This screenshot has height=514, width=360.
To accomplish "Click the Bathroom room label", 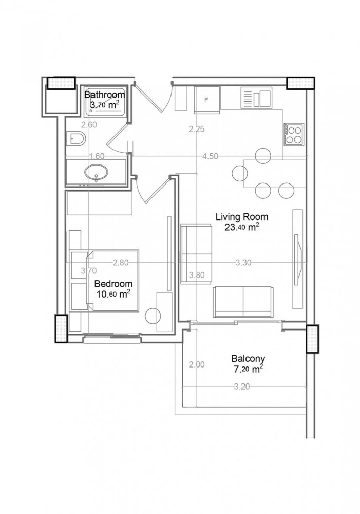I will coord(104,95).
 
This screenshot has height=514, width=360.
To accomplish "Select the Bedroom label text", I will coord(113,283).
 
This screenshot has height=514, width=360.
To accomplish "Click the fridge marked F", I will coord(206,100).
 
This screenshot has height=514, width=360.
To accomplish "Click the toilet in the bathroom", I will coord(77,139).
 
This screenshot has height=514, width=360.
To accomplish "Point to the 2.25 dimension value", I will coord(197,130).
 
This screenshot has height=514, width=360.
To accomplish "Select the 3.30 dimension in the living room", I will coord(243,263).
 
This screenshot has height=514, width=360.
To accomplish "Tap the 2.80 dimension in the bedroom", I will coord(121,263).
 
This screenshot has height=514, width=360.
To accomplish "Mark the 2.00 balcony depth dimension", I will coord(197,365).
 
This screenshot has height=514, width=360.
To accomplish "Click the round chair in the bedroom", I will coord(153,315).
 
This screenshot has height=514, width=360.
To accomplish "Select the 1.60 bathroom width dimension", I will coord(97,157).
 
